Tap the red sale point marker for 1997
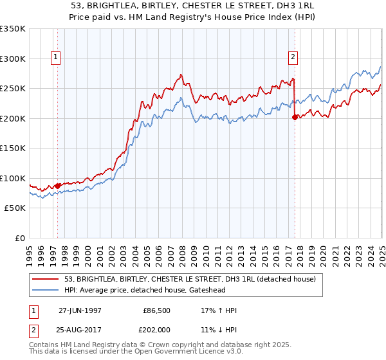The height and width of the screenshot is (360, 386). click(x=58, y=186)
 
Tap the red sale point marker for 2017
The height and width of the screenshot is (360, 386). click(x=295, y=117)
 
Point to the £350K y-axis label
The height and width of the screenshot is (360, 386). click(x=13, y=29)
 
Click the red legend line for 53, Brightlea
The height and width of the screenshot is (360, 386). click(x=46, y=280)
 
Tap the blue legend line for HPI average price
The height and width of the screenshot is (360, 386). click(x=46, y=291)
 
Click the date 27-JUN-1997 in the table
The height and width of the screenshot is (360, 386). click(x=80, y=310)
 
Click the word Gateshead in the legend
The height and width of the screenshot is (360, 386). click(x=253, y=291)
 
